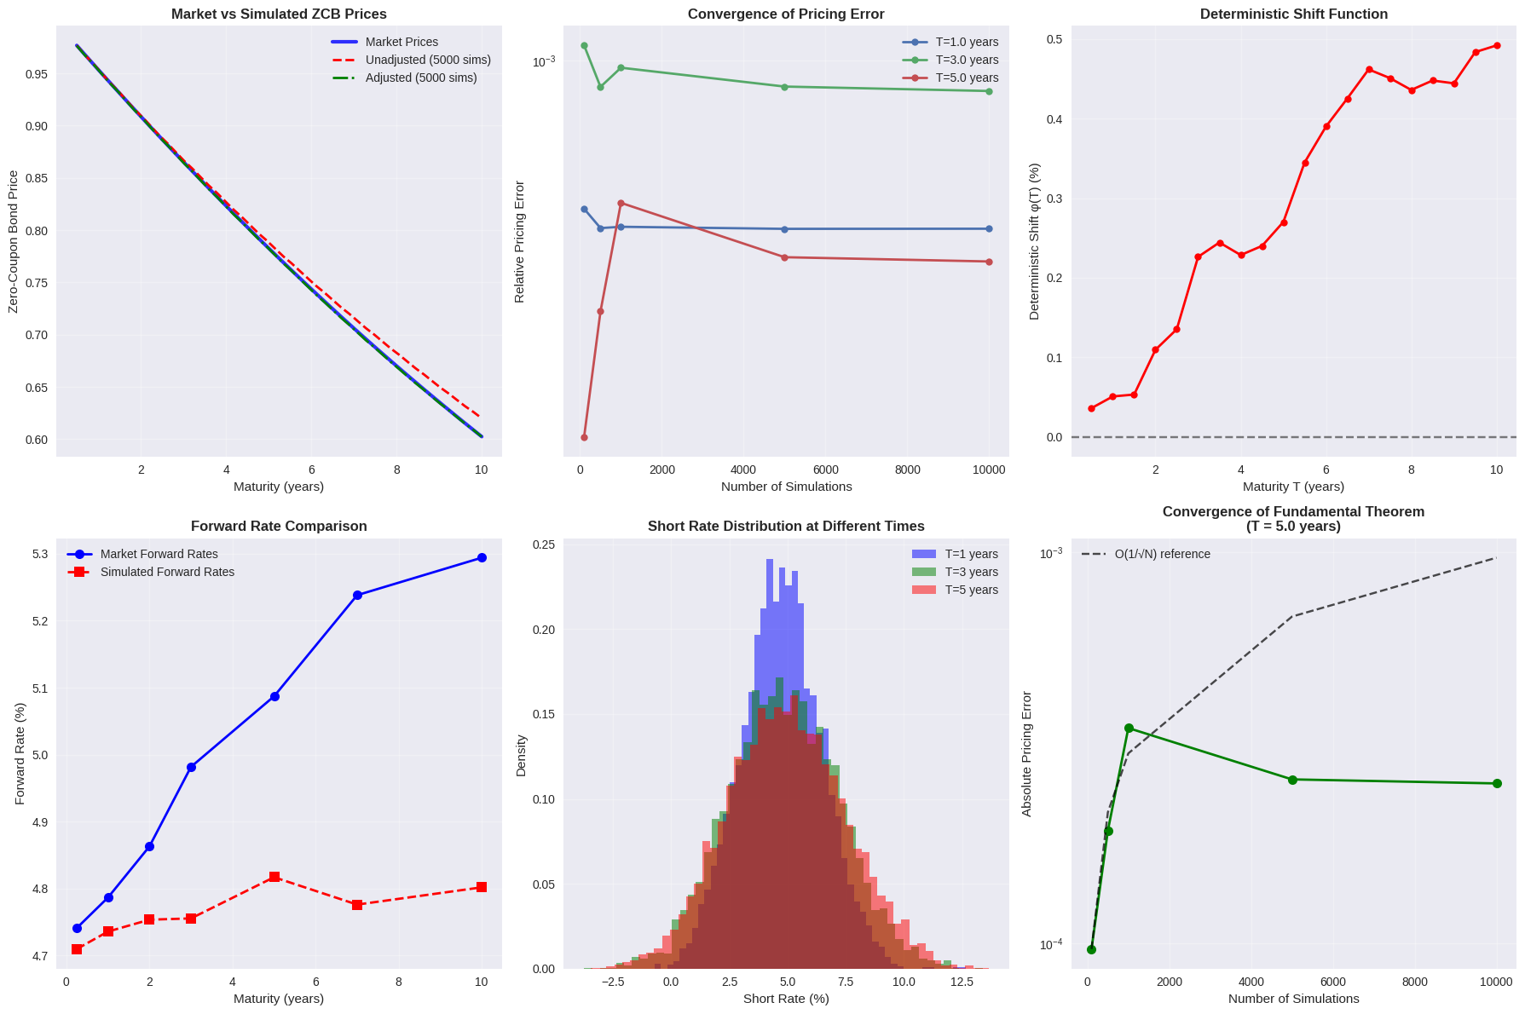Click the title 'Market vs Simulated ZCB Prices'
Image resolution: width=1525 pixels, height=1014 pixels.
coord(279,14)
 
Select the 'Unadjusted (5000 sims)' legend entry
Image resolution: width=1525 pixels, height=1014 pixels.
coord(428,60)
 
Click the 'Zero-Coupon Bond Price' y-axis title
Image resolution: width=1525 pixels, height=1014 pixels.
coord(14,241)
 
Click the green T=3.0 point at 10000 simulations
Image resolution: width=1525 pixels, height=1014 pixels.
coord(989,91)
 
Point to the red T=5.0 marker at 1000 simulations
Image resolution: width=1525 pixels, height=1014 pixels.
coord(621,203)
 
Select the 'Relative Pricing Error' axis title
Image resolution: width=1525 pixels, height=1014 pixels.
coord(519,241)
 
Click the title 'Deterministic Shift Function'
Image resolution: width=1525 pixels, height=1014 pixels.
coord(1293,14)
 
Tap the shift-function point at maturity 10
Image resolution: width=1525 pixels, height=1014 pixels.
coord(1496,46)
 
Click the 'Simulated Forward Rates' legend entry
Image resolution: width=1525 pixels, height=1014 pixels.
coord(167,572)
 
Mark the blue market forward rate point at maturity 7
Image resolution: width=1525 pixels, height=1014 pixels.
coord(357,595)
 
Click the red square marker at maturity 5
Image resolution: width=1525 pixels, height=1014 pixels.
coord(274,877)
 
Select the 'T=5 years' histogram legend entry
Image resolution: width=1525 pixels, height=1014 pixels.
coord(971,590)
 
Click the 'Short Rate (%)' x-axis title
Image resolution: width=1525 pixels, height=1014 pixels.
coord(786,999)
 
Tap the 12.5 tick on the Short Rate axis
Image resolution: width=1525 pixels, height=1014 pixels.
coord(962,982)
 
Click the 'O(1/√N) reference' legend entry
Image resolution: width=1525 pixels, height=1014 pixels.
coord(1162,554)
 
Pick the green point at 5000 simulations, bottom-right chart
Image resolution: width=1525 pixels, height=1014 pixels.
coord(1292,780)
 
